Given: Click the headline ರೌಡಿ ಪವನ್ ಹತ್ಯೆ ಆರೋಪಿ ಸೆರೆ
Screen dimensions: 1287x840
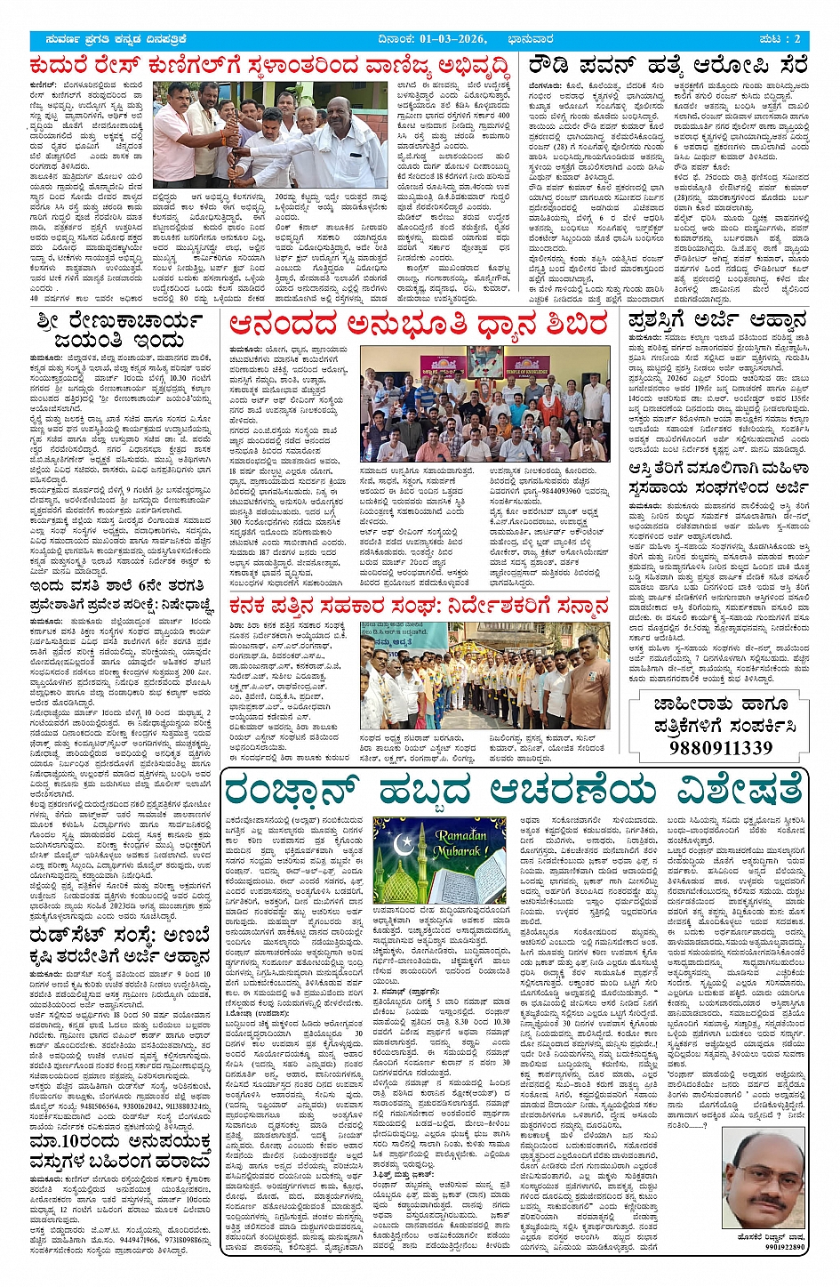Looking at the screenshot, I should [x=668, y=66].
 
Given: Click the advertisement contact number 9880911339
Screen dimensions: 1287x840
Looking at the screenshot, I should [x=720, y=747].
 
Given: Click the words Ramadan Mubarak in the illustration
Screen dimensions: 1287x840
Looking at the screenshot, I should [x=461, y=842].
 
